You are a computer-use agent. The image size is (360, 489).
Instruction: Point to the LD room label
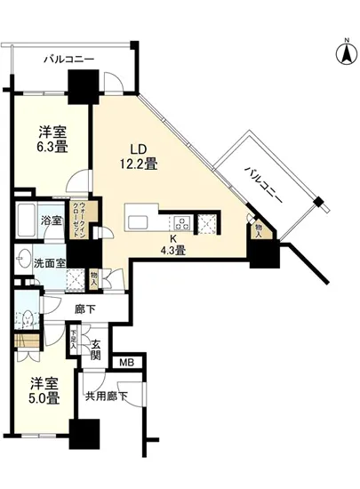tap(138, 148)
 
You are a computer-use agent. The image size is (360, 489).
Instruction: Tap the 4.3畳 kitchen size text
tap(172, 251)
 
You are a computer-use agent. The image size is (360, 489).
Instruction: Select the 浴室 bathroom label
tap(50, 220)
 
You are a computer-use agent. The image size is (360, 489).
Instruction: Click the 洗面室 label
tap(51, 263)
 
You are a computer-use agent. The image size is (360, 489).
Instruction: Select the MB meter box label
tap(126, 362)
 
